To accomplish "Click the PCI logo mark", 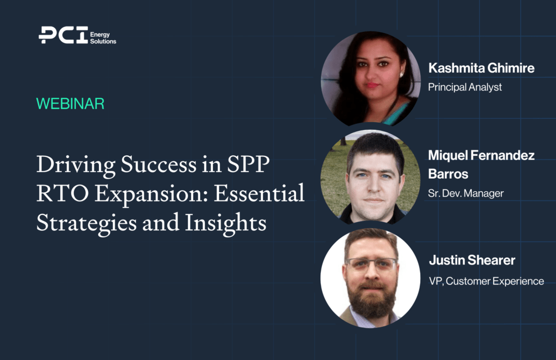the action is (63, 35).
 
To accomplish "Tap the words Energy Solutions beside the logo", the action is (103, 38).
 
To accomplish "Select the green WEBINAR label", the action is (70, 104).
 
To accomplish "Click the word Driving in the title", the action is (76, 165).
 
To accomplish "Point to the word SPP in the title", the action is (248, 164).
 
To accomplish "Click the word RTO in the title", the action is (62, 193).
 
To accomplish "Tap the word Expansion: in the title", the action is (151, 195).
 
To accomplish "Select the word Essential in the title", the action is (259, 193).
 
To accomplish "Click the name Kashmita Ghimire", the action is (481, 68).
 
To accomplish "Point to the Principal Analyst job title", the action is (465, 87).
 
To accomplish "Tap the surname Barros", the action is (448, 174).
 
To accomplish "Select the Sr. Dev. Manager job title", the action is (465, 193).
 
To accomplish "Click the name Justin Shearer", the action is (472, 260).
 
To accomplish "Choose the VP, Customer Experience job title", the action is (486, 281).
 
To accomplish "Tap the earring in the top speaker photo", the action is (402, 75).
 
